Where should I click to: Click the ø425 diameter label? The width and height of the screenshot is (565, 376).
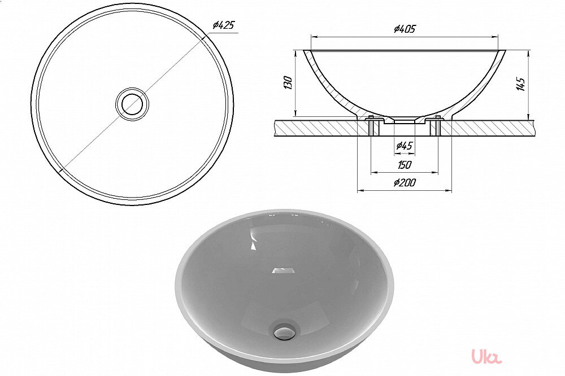[x=223, y=25]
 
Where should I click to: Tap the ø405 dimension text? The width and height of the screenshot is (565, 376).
[x=405, y=29]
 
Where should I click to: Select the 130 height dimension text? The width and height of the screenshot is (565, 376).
[x=288, y=83]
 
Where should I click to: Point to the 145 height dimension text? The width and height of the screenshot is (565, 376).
[x=520, y=84]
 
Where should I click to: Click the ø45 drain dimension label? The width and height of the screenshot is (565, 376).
[x=405, y=146]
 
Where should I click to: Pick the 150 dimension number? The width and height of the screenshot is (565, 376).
[x=405, y=165]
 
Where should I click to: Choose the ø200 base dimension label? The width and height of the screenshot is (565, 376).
[x=405, y=182]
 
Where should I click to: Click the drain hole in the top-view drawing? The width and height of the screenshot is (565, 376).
[x=132, y=104]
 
